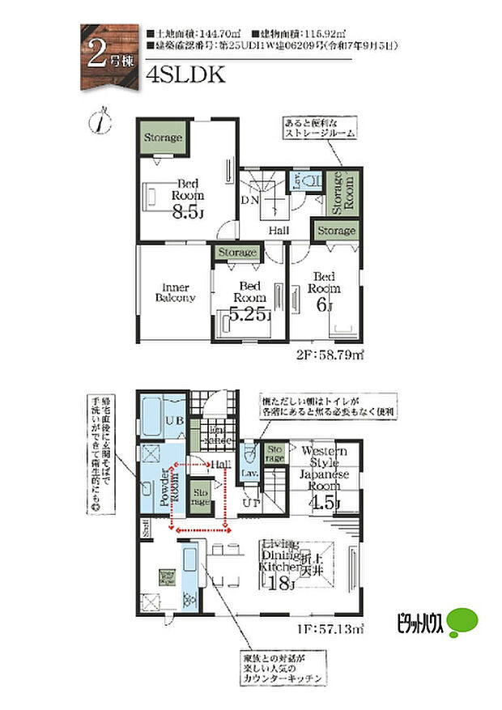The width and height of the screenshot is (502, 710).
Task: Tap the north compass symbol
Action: point(100,121)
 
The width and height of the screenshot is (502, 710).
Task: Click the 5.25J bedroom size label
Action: point(249,315)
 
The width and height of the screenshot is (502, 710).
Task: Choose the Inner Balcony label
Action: point(175,292)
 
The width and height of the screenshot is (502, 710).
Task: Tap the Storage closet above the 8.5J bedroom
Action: point(164,138)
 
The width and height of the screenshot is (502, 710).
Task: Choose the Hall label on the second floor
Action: point(279,232)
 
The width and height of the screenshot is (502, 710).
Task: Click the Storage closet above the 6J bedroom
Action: point(334,232)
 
